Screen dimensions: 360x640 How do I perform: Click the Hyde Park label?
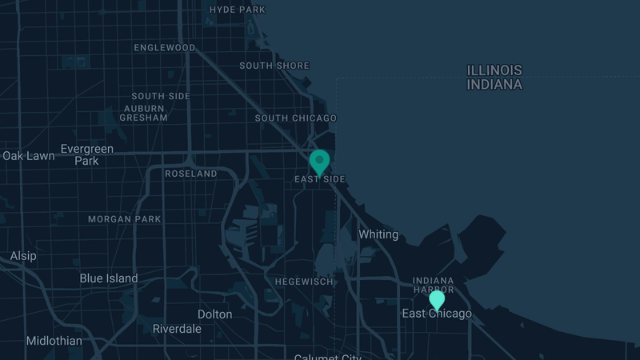[237, 10]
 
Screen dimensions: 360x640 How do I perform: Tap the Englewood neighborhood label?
[165, 48]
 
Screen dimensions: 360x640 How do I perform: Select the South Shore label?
[274, 66]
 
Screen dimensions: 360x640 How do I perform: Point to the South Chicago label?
[296, 118]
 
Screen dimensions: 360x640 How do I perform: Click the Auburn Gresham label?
[143, 112]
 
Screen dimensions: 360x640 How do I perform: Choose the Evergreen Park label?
[87, 154]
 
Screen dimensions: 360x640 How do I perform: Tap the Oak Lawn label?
[29, 156]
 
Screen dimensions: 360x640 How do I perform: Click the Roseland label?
[190, 174]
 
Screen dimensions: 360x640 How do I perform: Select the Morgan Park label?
[124, 219]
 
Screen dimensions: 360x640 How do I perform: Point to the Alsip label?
[23, 256]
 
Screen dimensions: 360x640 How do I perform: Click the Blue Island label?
[109, 278]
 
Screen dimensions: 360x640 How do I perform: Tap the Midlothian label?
[54, 341]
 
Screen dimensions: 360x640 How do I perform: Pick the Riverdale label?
[177, 329]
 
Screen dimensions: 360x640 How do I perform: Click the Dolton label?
[214, 314]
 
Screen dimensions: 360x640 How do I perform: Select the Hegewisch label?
[303, 282]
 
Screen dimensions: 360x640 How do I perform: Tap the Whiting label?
[378, 234]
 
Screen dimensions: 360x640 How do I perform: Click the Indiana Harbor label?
[433, 285]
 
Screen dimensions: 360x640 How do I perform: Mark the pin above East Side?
[320, 161]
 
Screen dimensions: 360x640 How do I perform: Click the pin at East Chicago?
[437, 300]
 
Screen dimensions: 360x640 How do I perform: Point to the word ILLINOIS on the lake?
[495, 70]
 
